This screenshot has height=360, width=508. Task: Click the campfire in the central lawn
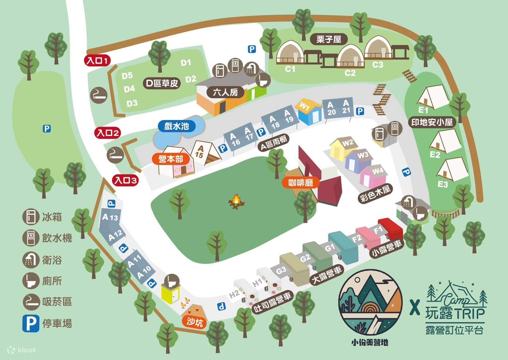click(x=236, y=201)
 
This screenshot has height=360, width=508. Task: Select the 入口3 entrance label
click(x=125, y=180)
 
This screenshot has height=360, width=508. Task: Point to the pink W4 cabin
click(x=373, y=176)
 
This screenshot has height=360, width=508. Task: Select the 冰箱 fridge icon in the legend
click(x=31, y=217)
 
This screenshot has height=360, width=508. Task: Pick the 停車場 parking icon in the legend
click(x=31, y=324)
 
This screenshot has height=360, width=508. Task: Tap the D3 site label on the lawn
click(x=132, y=103)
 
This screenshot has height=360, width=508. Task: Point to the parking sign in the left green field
click(x=47, y=128)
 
